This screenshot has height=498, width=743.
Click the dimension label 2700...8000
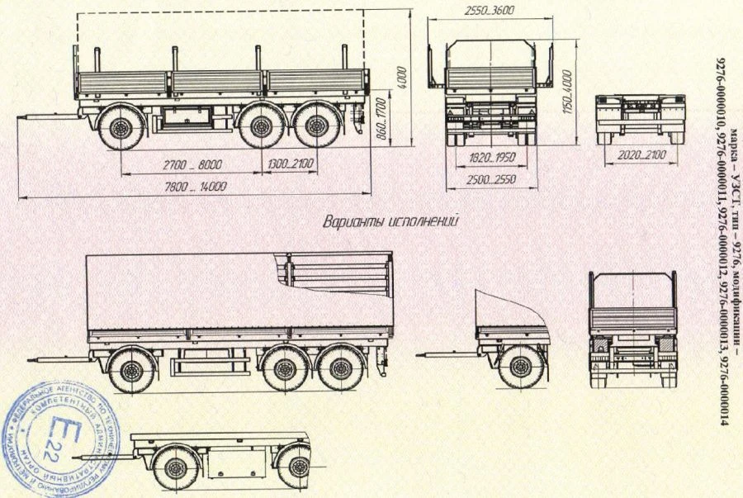pos(186,165)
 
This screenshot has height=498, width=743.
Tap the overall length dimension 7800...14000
pos(194,187)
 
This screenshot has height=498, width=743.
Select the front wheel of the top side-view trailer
pos(119,128)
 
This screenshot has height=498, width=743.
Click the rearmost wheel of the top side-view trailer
pos(315,128)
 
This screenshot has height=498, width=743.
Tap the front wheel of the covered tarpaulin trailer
pos(131,369)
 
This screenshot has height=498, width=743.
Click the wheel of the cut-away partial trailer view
pos(521,367)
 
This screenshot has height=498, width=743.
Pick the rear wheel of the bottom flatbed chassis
pos(295,467)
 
